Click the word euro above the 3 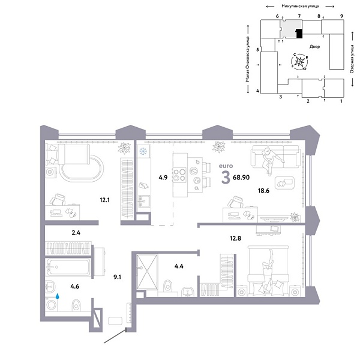click(x=226, y=166)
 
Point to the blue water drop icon click(x=58, y=295)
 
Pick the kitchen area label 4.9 click(x=163, y=177)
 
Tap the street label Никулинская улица click(x=297, y=5)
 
